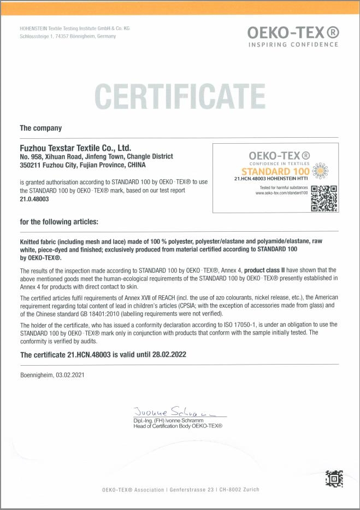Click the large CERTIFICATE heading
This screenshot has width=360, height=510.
[179, 96]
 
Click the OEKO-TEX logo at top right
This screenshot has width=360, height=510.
[293, 32]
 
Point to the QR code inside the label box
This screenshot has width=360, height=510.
[323, 198]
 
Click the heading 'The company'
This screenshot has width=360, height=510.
[40, 128]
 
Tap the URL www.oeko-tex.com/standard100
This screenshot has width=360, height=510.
[282, 193]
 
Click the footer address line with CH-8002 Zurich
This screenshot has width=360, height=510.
[181, 489]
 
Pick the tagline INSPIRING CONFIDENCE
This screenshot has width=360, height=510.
[293, 45]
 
